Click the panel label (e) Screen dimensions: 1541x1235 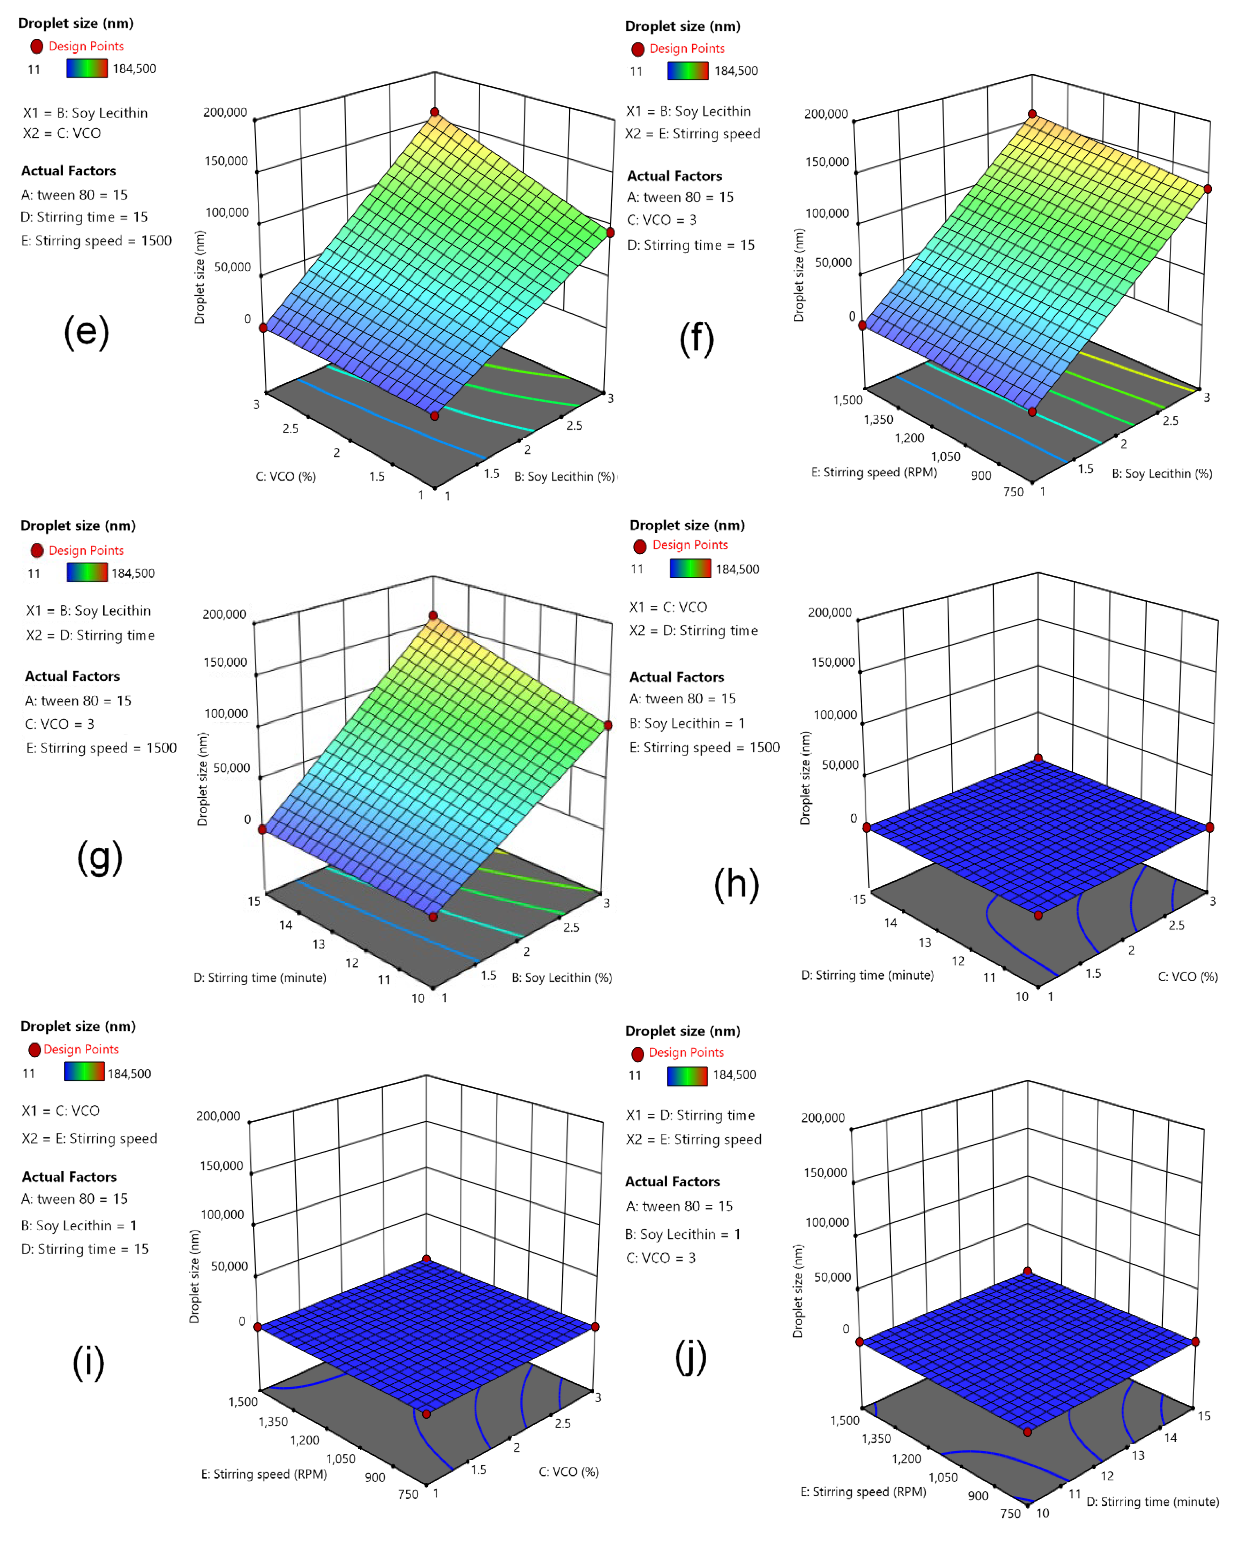86,332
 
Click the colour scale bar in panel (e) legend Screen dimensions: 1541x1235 87,69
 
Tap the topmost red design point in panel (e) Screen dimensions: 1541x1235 435,112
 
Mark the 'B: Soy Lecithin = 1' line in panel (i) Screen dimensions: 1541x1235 78,1225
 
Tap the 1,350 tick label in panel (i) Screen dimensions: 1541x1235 273,1422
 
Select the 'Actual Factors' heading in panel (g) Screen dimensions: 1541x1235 72,676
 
